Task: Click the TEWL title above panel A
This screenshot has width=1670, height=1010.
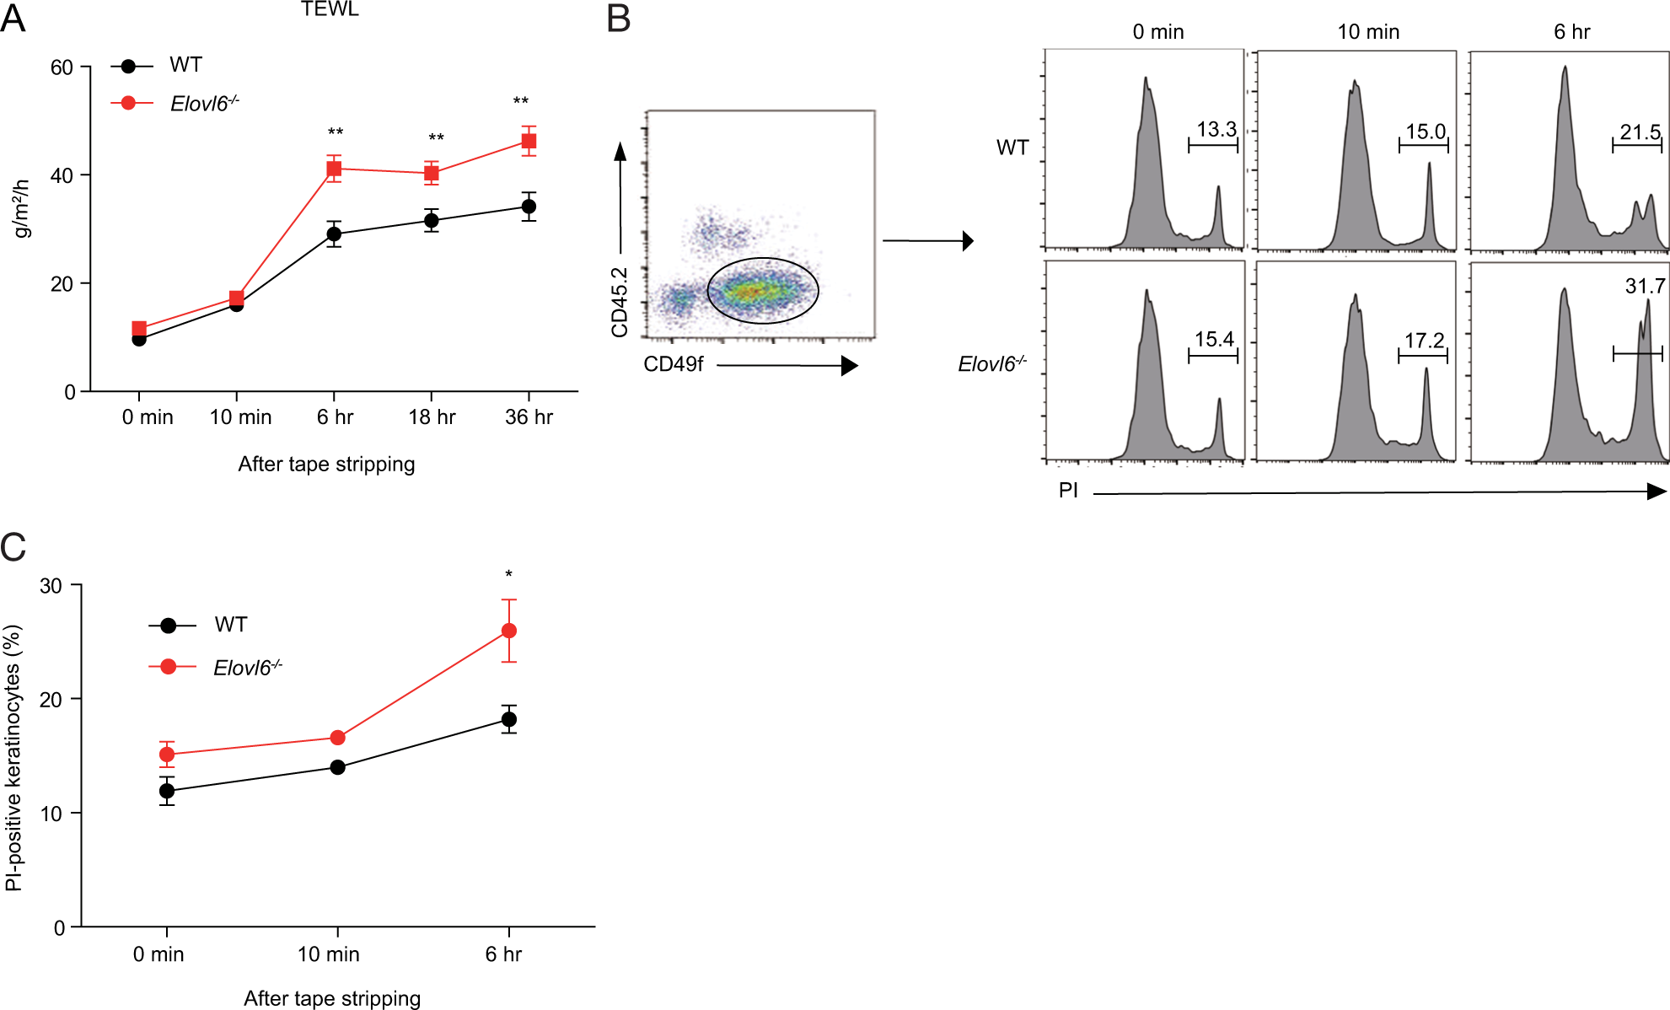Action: [330, 9]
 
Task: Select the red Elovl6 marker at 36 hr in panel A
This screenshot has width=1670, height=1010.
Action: [529, 141]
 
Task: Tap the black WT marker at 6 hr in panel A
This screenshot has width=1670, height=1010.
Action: [334, 234]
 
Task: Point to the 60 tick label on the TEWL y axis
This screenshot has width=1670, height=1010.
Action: [62, 67]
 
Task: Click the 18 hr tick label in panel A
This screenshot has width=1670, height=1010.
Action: [432, 417]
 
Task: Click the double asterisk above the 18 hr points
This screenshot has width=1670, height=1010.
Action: [436, 137]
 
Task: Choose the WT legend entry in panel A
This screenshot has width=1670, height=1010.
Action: [185, 65]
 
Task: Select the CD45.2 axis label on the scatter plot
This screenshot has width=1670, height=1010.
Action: [620, 302]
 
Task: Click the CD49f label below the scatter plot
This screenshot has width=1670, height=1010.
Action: [673, 364]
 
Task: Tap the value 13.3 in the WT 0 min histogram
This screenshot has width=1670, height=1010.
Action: [1216, 130]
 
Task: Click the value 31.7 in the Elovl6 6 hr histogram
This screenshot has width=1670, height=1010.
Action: [1645, 287]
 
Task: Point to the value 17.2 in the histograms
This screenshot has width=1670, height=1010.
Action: [1424, 341]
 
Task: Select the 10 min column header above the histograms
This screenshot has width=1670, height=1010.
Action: [1367, 32]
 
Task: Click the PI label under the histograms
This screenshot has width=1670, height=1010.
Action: [1068, 491]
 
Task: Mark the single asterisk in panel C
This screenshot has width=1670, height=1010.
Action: [508, 575]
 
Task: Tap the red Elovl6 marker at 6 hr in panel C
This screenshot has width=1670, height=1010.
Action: [509, 631]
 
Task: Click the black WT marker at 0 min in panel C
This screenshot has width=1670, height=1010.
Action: [167, 791]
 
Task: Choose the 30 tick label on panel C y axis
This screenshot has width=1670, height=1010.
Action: [51, 586]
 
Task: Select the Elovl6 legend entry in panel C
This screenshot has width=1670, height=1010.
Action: [246, 668]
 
